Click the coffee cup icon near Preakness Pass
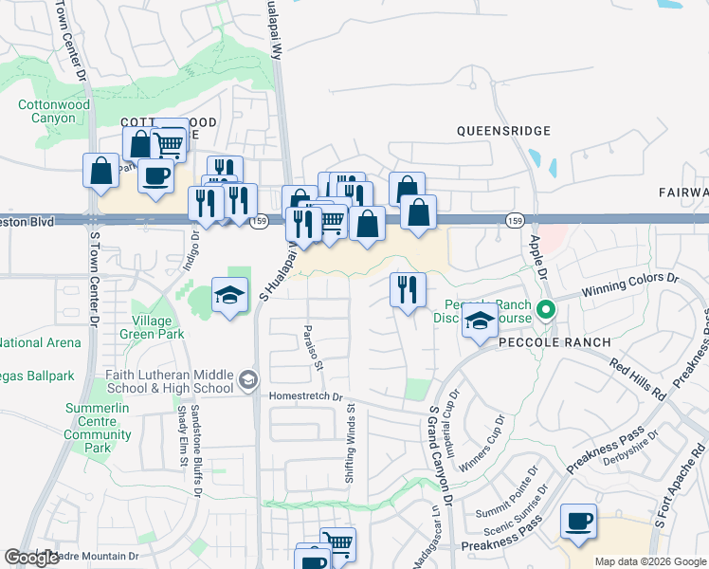point(578,521)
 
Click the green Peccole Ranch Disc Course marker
point(545,309)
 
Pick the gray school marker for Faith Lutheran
point(248,380)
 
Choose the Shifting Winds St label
point(350,445)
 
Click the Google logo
point(31,558)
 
